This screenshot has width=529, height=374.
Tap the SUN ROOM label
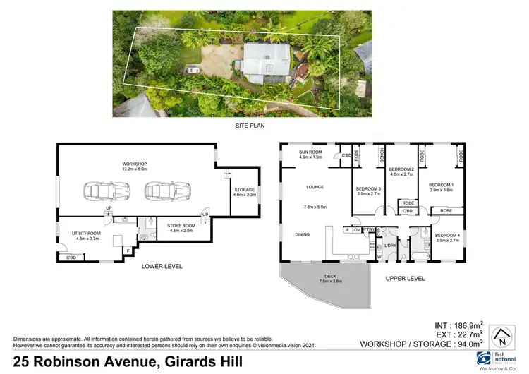click(x=310, y=152)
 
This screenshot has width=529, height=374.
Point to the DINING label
click(x=303, y=235)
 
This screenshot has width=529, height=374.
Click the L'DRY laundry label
click(x=389, y=246)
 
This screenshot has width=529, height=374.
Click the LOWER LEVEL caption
click(x=162, y=266)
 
